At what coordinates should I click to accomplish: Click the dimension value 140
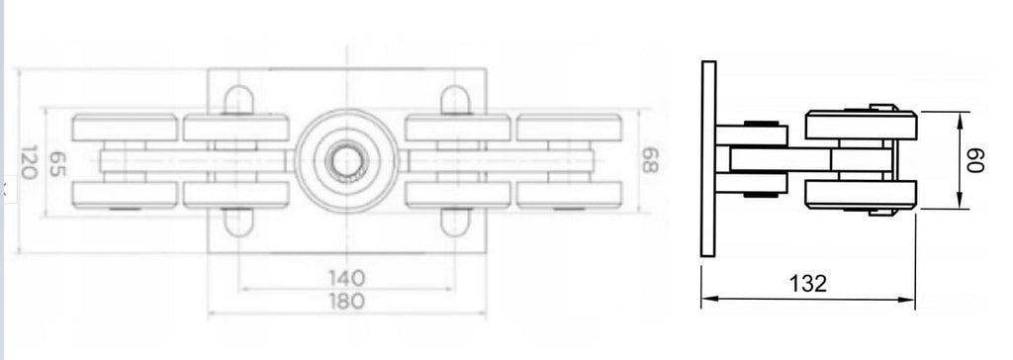click(x=346, y=278)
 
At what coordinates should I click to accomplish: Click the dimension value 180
click(x=346, y=302)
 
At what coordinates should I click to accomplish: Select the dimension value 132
click(x=807, y=283)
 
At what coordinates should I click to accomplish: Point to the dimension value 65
click(x=58, y=162)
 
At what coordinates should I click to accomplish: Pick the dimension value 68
click(x=649, y=161)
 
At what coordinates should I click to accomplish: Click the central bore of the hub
click(x=346, y=160)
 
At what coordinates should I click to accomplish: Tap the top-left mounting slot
click(x=238, y=100)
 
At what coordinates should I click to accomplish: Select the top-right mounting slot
click(x=455, y=100)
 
